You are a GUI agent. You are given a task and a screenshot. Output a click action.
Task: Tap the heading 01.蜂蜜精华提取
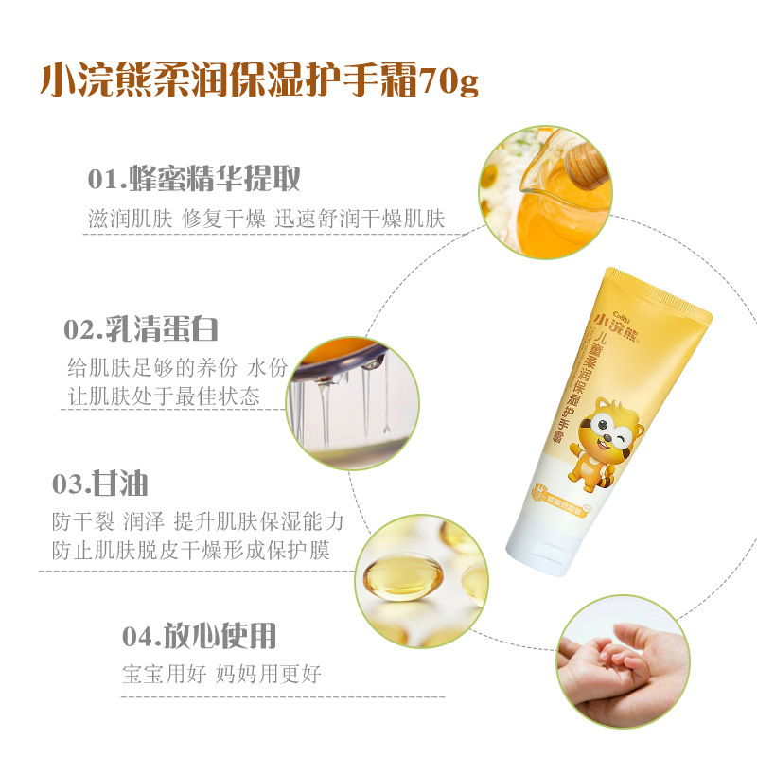coord(194,179)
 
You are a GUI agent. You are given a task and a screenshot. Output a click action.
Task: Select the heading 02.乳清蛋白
coord(141,329)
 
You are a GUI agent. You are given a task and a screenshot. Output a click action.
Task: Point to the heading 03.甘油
coord(99,483)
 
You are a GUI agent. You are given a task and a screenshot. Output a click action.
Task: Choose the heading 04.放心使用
coord(200,635)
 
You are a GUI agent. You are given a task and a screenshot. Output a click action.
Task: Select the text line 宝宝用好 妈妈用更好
coord(221,674)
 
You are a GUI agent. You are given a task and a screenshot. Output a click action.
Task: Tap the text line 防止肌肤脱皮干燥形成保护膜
coord(191,550)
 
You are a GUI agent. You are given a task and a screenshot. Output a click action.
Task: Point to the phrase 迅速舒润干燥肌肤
coord(361,218)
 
